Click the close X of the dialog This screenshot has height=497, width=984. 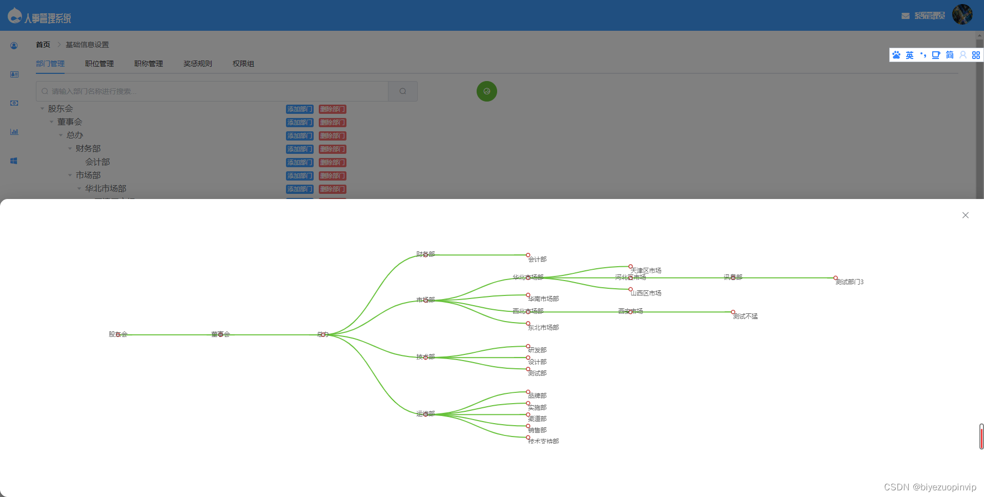(965, 215)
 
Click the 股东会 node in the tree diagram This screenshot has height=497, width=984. (118, 334)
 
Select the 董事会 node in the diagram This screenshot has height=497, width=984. (220, 334)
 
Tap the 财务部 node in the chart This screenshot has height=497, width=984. (425, 254)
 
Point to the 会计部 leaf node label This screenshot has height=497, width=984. (537, 260)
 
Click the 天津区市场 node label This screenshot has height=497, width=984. (646, 271)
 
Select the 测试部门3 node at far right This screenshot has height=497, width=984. (849, 282)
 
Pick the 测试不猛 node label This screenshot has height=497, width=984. (745, 316)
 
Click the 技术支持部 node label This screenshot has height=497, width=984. (543, 442)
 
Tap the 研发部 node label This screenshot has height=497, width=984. (537, 350)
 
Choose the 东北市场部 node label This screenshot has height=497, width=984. (543, 328)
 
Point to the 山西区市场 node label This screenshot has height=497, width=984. (646, 293)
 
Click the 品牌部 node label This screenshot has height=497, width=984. (537, 396)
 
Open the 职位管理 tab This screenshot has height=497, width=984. (99, 64)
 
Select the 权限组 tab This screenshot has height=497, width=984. (243, 64)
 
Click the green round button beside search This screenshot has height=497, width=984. (487, 91)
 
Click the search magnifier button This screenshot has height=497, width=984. (403, 91)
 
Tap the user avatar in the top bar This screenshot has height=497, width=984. (962, 15)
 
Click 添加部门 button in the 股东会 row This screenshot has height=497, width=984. (300, 109)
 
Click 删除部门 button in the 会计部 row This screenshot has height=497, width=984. (333, 163)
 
